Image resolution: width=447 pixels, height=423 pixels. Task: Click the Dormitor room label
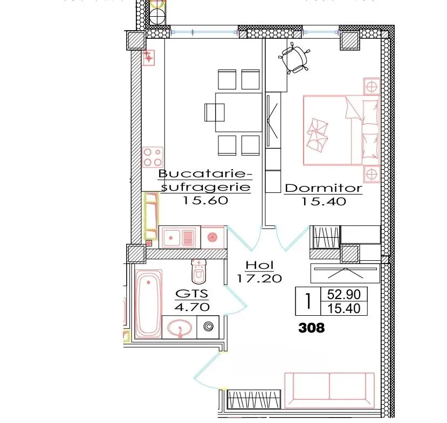pos(324,188)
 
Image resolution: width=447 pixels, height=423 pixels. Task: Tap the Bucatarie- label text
pos(205,174)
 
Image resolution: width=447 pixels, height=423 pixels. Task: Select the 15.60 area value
pos(205,200)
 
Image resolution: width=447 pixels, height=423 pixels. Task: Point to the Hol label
pos(259,266)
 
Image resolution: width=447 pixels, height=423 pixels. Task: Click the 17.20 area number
pos(259,278)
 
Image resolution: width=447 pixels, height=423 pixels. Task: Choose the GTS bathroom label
pos(192,293)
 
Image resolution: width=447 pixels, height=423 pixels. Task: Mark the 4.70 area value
pos(192,307)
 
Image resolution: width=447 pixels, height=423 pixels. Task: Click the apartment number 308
pos(311,328)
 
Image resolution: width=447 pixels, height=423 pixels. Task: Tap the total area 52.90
pos(344,294)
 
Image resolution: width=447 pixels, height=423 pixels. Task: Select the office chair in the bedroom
pos(294,58)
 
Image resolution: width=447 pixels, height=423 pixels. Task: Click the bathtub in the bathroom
pos(148,304)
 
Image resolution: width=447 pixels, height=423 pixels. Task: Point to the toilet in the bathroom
pos(199,272)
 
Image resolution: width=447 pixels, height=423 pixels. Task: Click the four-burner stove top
pos(153,157)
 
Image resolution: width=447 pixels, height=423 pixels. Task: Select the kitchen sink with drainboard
pos(180,237)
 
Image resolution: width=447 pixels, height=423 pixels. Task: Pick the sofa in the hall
pos(329,390)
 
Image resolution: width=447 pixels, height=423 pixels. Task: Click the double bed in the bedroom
pos(341,130)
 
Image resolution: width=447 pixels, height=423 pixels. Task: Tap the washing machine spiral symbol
pos(208,327)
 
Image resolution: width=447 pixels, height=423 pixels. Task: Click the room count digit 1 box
pos(308,301)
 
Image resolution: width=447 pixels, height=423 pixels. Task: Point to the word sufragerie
pos(205,188)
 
